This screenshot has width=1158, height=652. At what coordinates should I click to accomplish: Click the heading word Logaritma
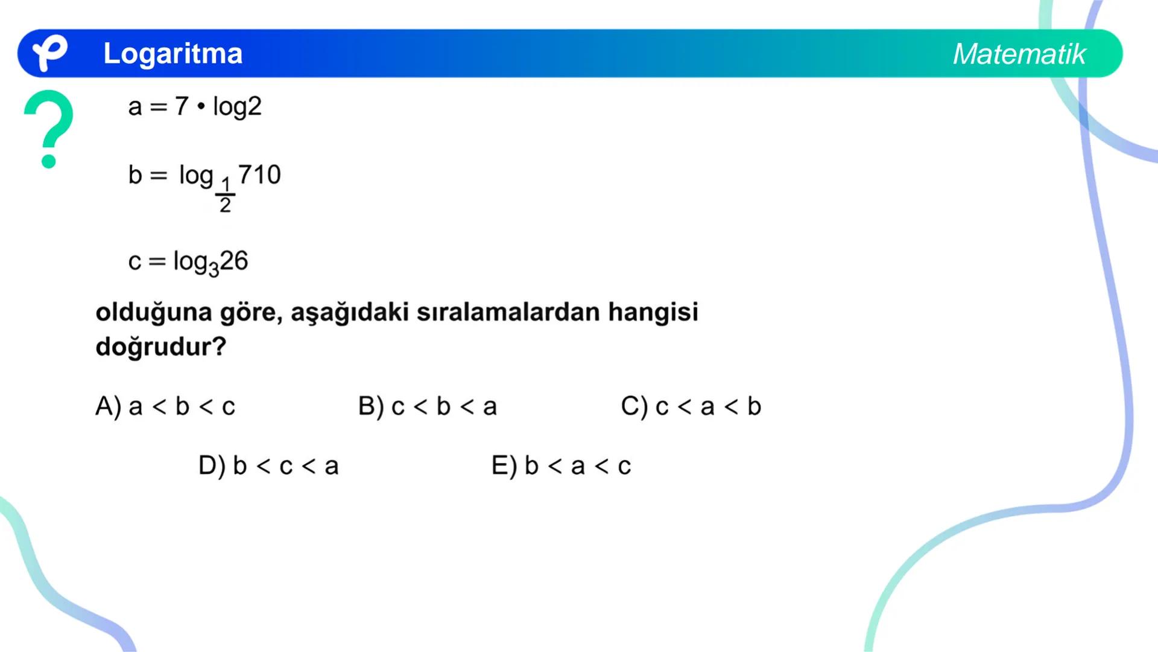tap(172, 54)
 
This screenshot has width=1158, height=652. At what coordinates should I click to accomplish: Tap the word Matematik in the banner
tap(1019, 54)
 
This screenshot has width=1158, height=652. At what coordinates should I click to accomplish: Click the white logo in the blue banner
tap(49, 53)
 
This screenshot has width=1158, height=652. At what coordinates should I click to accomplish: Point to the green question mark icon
tap(49, 128)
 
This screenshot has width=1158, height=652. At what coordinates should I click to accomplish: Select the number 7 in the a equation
tap(182, 106)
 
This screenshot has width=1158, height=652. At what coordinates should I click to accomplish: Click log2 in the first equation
tap(237, 107)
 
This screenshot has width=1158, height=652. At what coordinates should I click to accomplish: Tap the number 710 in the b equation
tap(259, 175)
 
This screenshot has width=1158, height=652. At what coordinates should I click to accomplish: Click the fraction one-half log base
tap(225, 195)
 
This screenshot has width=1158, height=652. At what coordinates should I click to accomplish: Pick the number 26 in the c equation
tap(234, 261)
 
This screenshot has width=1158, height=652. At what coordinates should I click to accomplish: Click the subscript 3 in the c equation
tap(214, 269)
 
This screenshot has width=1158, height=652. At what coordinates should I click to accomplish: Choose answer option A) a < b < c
tap(165, 406)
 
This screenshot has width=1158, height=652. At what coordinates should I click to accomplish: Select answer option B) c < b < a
tap(428, 406)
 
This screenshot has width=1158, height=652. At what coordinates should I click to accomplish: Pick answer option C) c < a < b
tap(691, 406)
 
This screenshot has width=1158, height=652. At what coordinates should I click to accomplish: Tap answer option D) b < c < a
tap(268, 465)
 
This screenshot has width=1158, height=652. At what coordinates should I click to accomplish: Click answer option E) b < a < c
tap(561, 465)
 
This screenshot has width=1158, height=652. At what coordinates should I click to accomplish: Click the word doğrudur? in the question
tap(161, 347)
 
